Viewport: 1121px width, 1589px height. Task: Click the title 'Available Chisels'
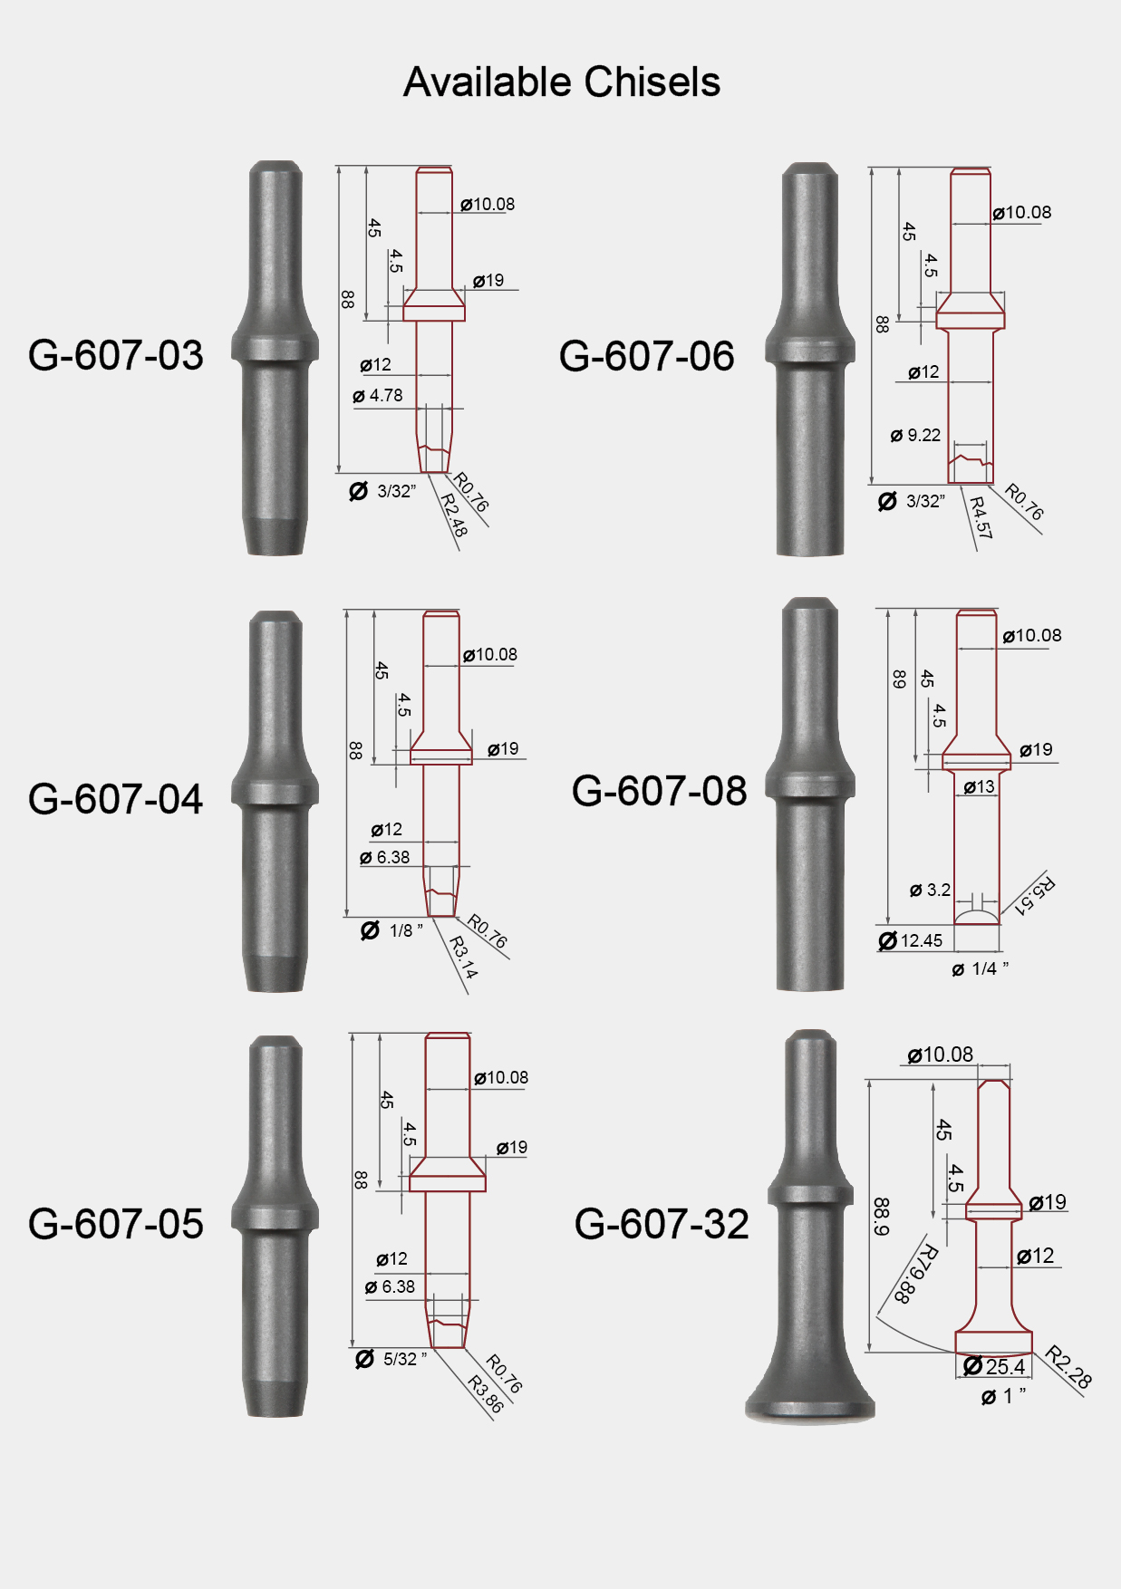pos(562,82)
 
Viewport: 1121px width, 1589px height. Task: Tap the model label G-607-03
pos(116,355)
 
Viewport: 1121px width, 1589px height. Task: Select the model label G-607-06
pos(646,356)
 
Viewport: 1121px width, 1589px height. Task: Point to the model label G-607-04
pos(116,799)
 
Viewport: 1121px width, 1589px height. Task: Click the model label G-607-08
pos(659,791)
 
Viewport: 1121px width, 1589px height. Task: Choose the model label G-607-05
pos(116,1224)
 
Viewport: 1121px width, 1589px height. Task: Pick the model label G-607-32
pos(662,1224)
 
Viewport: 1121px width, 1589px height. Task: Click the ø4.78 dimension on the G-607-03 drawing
pos(378,396)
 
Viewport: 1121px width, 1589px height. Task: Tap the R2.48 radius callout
pos(454,515)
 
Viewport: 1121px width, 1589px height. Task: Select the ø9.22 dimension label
pos(916,436)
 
